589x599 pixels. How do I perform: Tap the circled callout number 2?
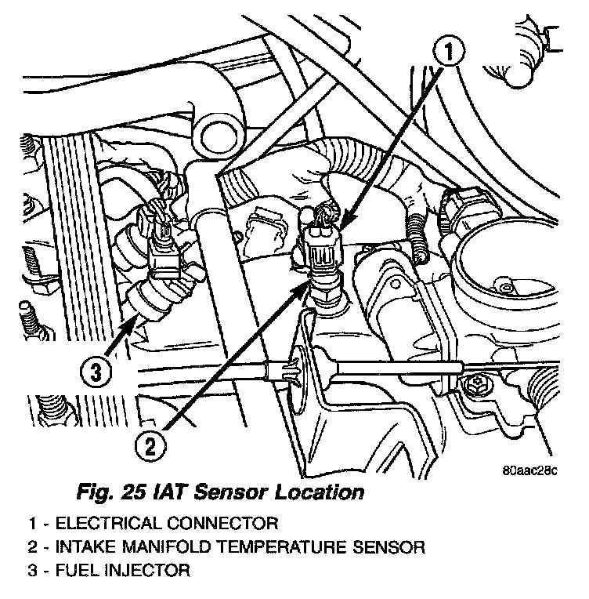coord(152,447)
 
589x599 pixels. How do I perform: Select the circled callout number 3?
coord(94,372)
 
